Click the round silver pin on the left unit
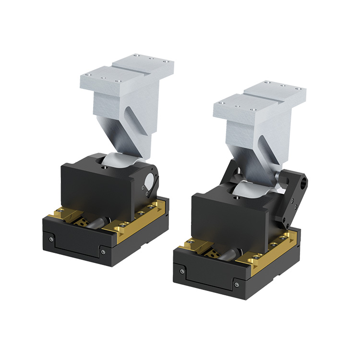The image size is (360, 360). (x=149, y=181)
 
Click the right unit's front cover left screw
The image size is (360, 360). (x=182, y=272)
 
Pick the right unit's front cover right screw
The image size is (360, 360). (x=237, y=284)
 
